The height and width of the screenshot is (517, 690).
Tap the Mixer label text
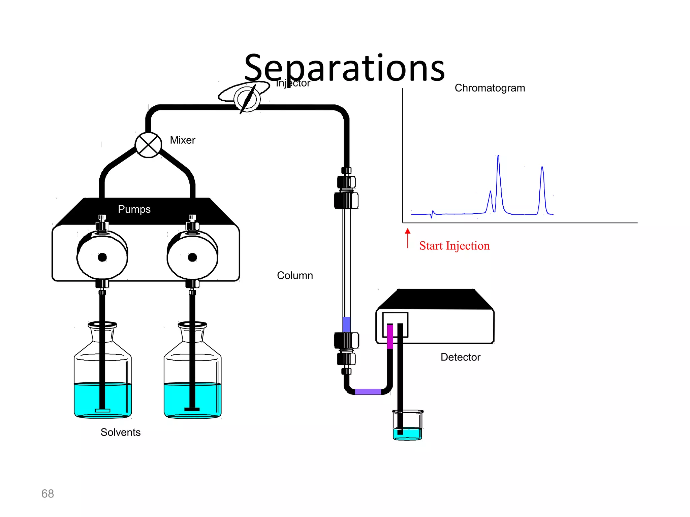[182, 140]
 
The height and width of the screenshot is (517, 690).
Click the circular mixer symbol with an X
[148, 145]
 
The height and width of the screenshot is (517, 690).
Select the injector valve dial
[247, 99]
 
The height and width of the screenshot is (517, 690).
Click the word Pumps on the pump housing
[134, 209]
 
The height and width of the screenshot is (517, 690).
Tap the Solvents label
[120, 432]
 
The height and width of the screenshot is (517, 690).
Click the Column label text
[295, 275]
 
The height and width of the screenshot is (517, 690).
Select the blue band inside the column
[346, 324]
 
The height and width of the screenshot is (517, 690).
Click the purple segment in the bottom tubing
[368, 391]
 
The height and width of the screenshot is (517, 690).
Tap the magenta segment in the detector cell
[390, 336]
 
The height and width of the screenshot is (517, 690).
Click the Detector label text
[460, 357]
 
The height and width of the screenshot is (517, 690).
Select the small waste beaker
[408, 425]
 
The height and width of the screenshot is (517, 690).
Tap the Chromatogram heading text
[490, 88]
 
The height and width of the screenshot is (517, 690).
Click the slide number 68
[48, 493]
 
